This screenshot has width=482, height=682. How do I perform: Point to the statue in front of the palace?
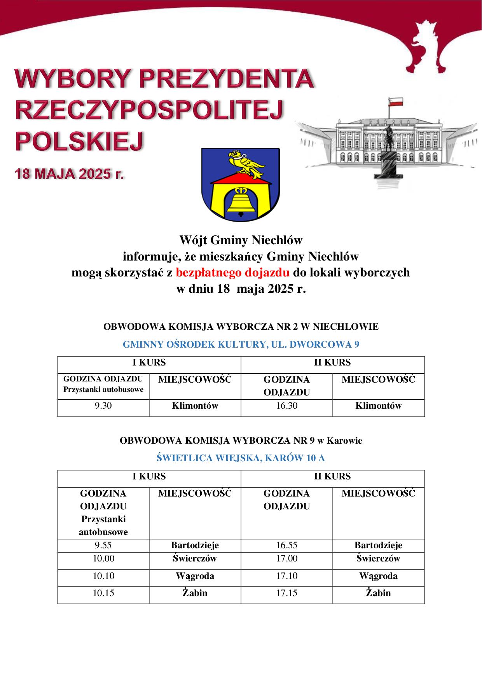point(389,156)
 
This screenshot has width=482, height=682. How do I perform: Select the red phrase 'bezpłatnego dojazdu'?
point(233,273)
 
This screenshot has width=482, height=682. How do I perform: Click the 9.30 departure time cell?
point(103,406)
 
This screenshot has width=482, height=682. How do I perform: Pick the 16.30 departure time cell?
point(286,406)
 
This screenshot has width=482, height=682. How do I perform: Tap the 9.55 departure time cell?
point(103,545)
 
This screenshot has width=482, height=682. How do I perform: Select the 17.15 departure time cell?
point(286,593)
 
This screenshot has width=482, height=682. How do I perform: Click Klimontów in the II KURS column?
point(378,406)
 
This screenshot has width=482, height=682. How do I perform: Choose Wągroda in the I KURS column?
point(195,576)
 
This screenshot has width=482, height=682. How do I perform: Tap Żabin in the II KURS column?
point(378,593)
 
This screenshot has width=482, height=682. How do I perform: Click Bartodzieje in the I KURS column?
point(195,545)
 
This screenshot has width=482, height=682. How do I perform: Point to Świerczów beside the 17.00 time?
point(378,559)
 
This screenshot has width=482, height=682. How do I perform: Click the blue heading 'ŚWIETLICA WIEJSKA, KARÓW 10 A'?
point(241,458)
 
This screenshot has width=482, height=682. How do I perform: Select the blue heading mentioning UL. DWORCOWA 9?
point(241,344)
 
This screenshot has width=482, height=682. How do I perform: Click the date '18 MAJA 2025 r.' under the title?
point(69,173)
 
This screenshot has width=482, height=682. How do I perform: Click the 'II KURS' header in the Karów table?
point(332,476)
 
